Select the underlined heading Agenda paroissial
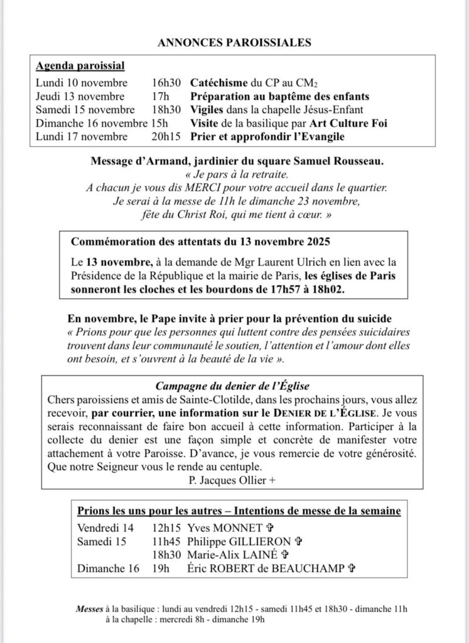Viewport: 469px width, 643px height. pyautogui.click(x=80, y=66)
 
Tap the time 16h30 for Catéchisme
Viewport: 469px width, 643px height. pyautogui.click(x=165, y=83)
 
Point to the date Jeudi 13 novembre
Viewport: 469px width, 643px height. pyautogui.click(x=82, y=97)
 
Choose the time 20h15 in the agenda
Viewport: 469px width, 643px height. pyautogui.click(x=165, y=137)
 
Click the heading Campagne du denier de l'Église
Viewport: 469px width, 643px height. pyautogui.click(x=234, y=385)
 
